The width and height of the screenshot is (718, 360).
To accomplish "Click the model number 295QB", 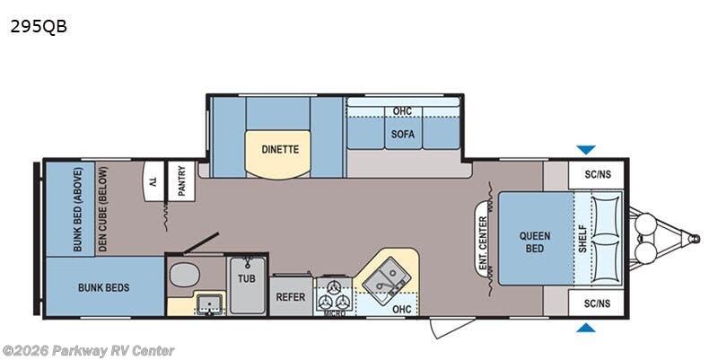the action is tap(39, 27).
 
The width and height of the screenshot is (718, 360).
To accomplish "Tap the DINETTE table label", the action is tap(280, 149).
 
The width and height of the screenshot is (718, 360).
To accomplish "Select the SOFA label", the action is tap(402, 134).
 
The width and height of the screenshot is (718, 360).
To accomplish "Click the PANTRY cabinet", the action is tap(182, 181).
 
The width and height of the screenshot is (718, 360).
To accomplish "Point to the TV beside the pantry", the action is tap(154, 181).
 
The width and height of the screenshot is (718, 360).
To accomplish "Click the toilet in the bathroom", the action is tap(185, 275).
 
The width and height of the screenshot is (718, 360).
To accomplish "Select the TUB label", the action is tap(246, 278).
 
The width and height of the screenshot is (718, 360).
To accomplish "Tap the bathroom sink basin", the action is tap(210, 303).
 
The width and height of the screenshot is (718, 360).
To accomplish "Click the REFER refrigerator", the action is tap(291, 297).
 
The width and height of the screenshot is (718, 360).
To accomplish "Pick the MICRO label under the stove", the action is tap(334, 313).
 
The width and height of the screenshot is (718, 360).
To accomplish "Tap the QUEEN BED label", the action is tap(534, 242).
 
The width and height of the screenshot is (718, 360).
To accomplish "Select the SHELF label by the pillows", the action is tap(582, 238).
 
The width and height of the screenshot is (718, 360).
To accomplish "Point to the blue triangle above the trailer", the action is tap(586, 150).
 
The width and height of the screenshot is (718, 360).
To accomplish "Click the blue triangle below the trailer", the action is tap(586, 327).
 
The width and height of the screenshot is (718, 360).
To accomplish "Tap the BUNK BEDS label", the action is tap(104, 287).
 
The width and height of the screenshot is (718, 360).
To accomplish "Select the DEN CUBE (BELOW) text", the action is tap(102, 209).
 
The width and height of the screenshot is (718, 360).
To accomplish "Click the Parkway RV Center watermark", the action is tap(88, 351).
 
